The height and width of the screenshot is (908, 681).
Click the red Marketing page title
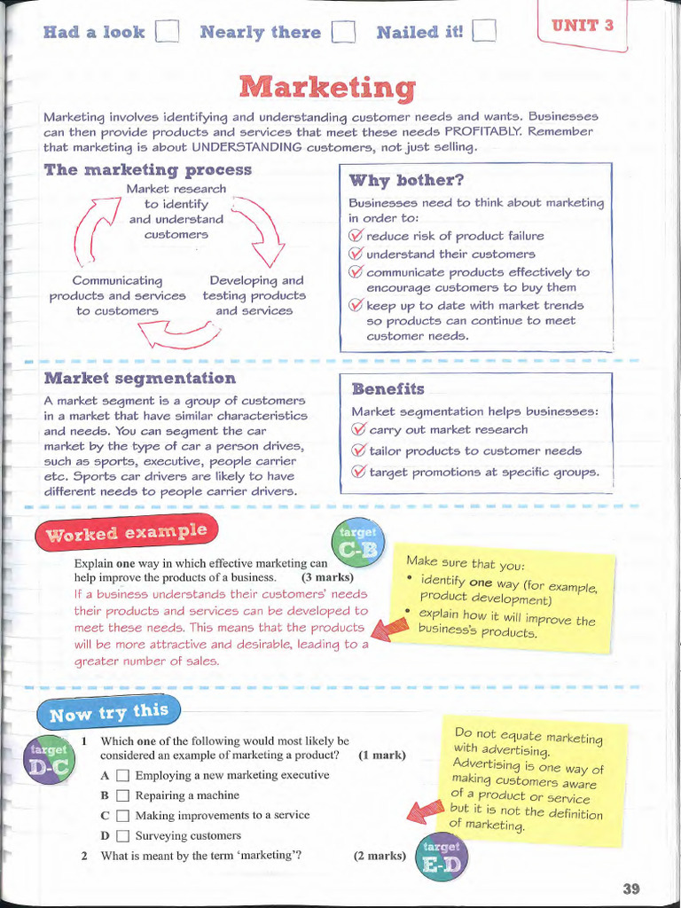click(327, 87)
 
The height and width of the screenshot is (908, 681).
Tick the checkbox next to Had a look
click(167, 33)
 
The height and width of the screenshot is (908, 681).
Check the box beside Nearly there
click(343, 33)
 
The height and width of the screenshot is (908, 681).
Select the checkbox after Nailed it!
click(484, 33)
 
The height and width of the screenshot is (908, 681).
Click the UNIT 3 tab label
click(583, 25)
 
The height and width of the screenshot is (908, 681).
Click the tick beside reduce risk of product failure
click(356, 236)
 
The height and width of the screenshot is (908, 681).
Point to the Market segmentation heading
click(140, 379)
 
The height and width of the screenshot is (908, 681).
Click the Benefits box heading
click(388, 389)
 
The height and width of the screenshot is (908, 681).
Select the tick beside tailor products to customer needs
click(359, 450)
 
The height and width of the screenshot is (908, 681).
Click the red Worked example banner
click(127, 533)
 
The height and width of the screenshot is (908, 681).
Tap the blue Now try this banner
click(108, 713)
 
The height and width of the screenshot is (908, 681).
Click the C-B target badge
click(357, 546)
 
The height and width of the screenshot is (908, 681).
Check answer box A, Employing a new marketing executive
click(123, 776)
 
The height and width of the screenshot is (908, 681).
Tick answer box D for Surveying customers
click(123, 836)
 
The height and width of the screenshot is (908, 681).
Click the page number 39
click(630, 888)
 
